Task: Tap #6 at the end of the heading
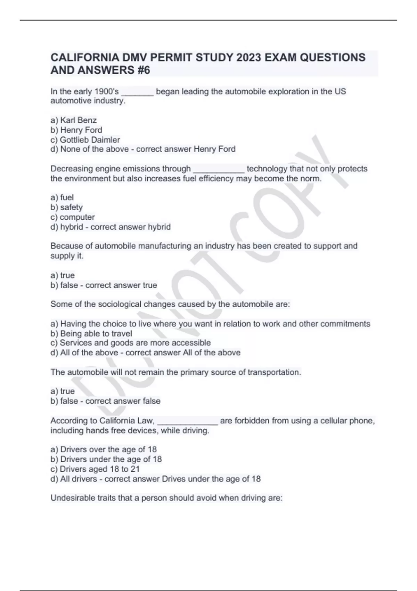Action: coord(142,70)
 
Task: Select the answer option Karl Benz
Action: coord(74,120)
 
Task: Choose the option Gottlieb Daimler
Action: coord(85,140)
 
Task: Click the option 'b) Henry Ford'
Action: coord(76,130)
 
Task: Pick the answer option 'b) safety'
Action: coord(67,207)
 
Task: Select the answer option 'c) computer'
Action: coord(73,217)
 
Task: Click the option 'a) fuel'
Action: coord(62,197)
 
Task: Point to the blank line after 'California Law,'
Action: coord(188,422)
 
